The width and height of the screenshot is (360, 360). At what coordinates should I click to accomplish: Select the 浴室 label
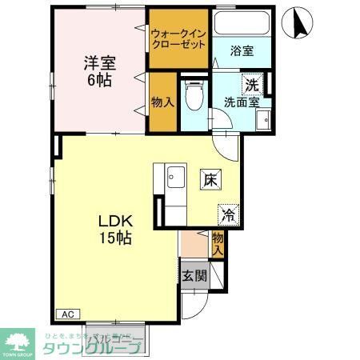[242, 51]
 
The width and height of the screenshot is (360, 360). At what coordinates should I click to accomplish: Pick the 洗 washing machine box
[253, 83]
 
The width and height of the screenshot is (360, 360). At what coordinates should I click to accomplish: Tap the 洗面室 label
[241, 102]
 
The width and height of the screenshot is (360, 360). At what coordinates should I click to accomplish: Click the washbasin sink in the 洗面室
[263, 120]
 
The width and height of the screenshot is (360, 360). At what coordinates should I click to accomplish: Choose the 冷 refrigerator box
[227, 214]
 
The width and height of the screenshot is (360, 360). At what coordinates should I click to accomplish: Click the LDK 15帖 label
[114, 229]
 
